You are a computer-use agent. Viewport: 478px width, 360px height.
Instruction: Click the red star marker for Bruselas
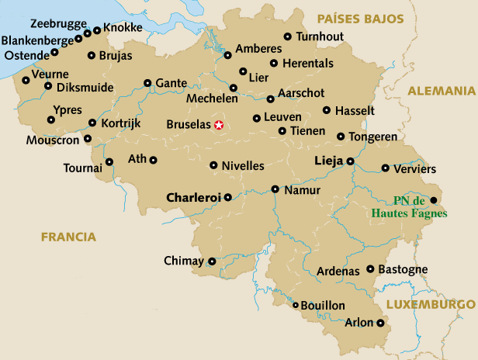point(219,124)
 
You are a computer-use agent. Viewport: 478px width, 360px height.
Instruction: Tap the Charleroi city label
point(193,197)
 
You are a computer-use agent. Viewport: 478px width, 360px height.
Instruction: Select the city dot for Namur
point(275,189)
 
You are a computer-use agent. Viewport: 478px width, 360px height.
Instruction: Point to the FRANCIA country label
point(69,237)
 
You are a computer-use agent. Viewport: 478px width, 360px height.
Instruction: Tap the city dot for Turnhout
point(288,36)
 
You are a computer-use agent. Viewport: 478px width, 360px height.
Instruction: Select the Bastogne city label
point(403,269)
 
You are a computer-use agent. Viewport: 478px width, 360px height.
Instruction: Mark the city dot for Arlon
point(379,323)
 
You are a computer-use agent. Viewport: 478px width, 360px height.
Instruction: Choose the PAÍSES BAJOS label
point(361,18)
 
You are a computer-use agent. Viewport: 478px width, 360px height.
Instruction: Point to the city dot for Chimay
point(212,261)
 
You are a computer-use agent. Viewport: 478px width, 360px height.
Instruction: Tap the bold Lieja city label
point(328,161)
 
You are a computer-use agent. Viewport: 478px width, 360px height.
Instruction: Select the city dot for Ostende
point(54,53)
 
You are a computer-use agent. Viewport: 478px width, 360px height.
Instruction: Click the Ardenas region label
point(338,272)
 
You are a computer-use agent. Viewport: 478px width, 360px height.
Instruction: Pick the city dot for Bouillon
point(296,306)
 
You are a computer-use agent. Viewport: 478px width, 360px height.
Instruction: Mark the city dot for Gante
point(147,83)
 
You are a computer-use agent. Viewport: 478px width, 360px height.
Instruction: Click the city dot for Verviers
point(385,168)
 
